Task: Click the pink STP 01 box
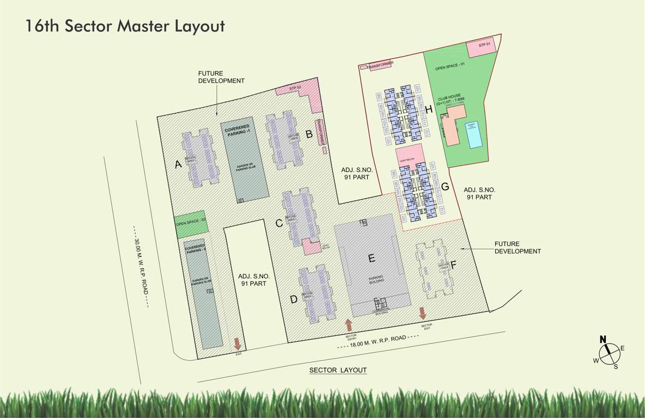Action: (x=484, y=45)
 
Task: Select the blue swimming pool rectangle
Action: (x=474, y=134)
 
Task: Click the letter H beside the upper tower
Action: (x=429, y=110)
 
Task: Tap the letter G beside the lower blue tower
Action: (x=445, y=186)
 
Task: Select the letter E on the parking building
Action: (x=372, y=258)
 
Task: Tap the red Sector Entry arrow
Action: (x=349, y=325)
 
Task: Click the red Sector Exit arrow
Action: (x=422, y=313)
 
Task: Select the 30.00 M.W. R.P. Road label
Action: (x=141, y=266)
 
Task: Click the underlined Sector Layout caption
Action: (x=338, y=370)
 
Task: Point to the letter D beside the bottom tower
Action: (x=294, y=298)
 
